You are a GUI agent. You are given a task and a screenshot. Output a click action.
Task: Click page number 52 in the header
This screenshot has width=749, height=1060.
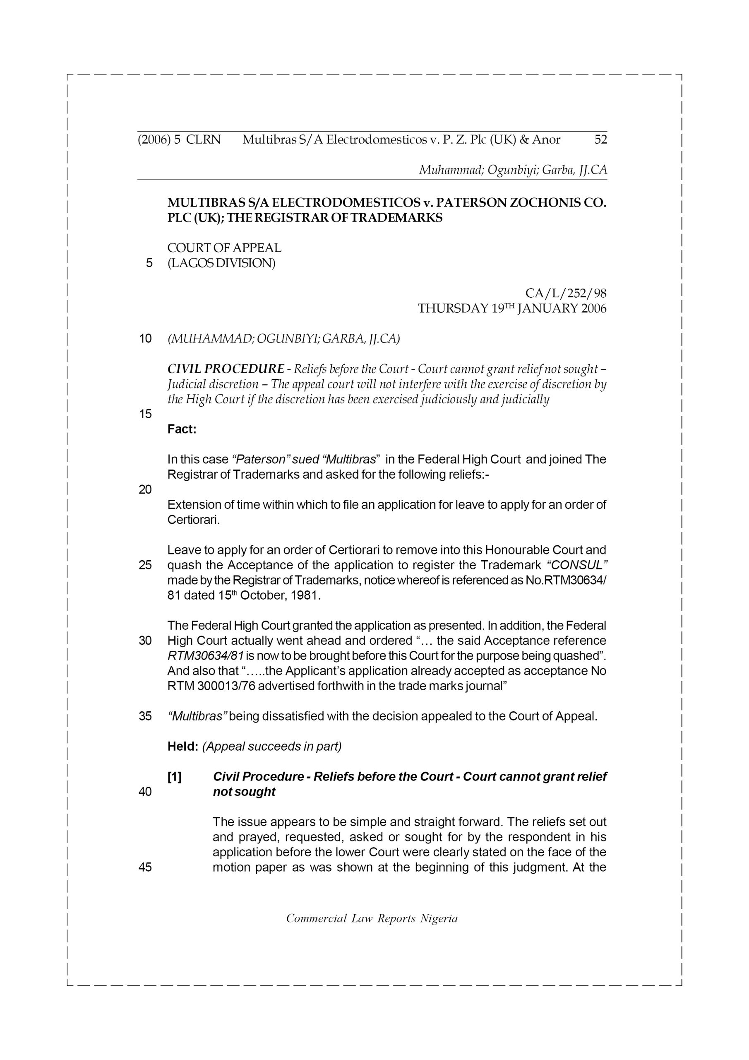click(x=600, y=140)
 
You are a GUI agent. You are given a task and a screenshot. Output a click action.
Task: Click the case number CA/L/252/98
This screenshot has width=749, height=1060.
click(x=565, y=293)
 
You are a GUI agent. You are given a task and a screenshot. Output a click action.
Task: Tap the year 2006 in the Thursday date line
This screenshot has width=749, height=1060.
click(x=593, y=308)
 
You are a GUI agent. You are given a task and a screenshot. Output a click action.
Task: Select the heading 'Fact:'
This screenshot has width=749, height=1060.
click(x=182, y=429)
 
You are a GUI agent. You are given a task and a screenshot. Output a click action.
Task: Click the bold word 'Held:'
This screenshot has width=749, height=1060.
click(x=183, y=747)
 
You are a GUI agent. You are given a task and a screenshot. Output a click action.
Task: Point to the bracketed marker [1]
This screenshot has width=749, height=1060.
click(x=175, y=777)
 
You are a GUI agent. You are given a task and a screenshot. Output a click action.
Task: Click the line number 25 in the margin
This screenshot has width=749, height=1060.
click(x=145, y=565)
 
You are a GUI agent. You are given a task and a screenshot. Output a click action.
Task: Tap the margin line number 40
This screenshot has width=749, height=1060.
click(x=145, y=792)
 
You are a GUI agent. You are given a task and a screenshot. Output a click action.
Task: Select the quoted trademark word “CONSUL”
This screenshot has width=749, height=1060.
click(x=576, y=565)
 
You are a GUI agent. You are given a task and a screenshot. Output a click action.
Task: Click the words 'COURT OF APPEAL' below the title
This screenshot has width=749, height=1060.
click(x=224, y=248)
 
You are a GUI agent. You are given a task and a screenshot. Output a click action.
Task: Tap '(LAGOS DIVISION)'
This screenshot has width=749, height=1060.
click(x=221, y=263)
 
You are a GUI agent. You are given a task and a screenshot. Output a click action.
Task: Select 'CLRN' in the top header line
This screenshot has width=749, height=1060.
click(x=204, y=140)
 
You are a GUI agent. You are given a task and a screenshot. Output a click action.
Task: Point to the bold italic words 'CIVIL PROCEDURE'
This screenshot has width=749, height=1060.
click(x=226, y=369)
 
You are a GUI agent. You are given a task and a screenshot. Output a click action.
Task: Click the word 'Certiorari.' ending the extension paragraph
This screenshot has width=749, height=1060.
click(x=194, y=520)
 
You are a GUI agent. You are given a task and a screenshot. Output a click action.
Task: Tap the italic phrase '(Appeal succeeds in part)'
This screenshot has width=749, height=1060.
click(x=272, y=747)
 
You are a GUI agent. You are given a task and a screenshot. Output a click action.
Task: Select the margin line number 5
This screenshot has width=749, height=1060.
click(x=149, y=263)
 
